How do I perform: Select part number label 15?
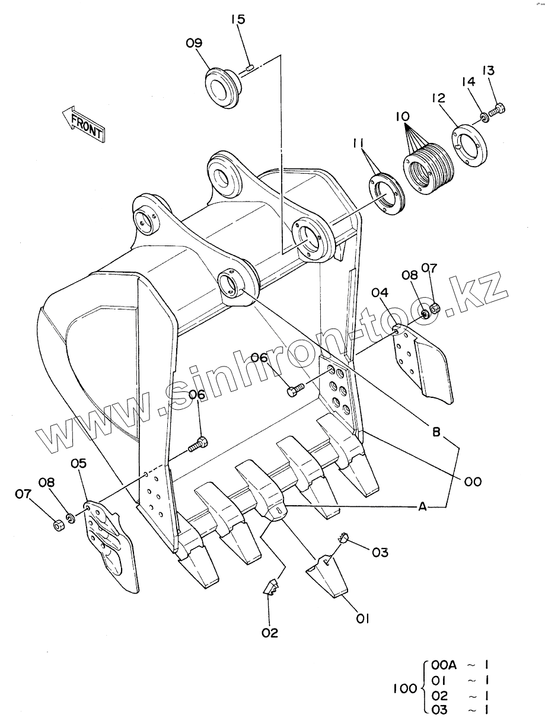[238, 20]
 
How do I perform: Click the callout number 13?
[488, 71]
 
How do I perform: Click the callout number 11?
[357, 144]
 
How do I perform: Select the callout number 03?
[380, 552]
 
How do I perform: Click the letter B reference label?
[436, 433]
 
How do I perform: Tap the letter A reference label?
[423, 506]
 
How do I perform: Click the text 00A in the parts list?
[444, 665]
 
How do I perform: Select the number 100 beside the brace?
[404, 690]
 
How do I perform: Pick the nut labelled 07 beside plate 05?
[58, 525]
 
